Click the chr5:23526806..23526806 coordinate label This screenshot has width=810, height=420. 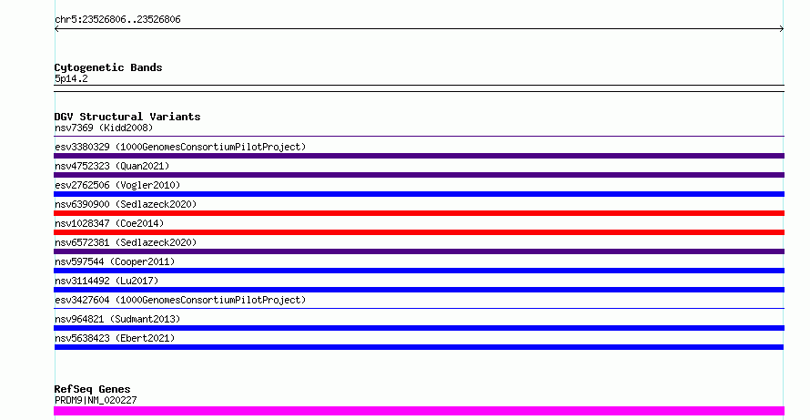pos(117,20)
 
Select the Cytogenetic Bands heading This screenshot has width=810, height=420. pos(108,67)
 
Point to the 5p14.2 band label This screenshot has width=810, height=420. pos(71,78)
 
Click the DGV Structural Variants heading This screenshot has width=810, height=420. pos(127,117)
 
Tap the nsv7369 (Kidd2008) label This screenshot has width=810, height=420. pos(104,128)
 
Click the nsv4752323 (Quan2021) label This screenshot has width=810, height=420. pos(112,166)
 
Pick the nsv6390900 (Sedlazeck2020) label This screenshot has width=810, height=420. pos(126,204)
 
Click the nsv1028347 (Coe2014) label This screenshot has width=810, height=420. pos(109,223)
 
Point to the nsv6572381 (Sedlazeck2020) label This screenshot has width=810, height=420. pos(126,242)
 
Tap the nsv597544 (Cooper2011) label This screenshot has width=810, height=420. pos(115,261)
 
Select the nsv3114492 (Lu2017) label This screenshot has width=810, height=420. pos(106,281)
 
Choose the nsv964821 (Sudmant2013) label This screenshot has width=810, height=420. pos(117,319)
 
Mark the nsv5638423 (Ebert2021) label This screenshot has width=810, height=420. pos(115,338)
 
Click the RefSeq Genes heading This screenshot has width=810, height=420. pos(93,390)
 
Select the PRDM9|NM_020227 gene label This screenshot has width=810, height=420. pos(96,400)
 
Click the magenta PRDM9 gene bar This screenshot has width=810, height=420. pos(419,411)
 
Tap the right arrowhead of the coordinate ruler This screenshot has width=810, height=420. pos(782,29)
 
